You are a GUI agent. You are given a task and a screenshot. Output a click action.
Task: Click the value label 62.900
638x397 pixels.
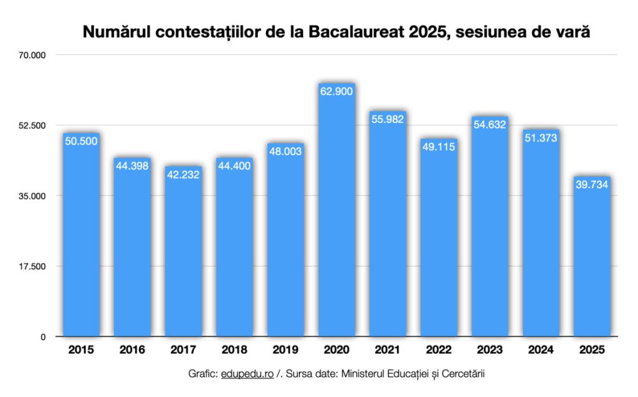tap(336, 92)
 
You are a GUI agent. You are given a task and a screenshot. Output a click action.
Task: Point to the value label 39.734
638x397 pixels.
tap(592, 184)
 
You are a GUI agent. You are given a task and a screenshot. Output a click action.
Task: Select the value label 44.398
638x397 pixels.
tap(132, 166)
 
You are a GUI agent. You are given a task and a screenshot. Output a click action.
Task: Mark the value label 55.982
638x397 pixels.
tap(388, 119)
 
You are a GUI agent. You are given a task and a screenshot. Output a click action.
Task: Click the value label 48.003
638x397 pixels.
tap(285, 151)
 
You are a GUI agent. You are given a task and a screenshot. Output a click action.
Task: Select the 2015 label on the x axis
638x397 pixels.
tap(81, 350)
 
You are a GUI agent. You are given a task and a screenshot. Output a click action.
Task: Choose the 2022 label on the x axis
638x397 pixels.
tap(439, 350)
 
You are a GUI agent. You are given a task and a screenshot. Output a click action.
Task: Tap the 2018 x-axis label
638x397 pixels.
tap(234, 350)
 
